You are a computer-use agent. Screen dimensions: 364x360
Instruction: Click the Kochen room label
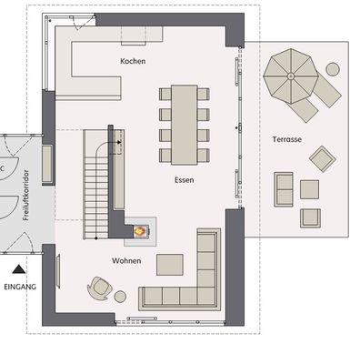(133, 61)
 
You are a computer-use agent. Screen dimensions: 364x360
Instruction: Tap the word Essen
(185, 180)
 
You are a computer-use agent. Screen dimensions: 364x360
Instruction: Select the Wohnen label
(126, 261)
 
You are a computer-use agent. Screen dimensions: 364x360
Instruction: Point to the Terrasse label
(286, 139)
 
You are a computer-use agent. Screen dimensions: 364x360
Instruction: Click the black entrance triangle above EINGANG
(18, 269)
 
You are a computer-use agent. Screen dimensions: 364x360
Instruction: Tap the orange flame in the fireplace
(139, 232)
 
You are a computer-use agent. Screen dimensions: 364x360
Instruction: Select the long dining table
(185, 123)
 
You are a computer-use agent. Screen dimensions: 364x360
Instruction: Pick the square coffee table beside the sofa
(170, 264)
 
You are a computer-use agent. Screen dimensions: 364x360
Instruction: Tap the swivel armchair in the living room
(99, 288)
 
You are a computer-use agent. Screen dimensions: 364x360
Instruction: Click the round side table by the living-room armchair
(120, 296)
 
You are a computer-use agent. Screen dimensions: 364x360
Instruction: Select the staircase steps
(94, 182)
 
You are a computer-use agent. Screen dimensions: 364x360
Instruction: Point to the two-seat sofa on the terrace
(285, 188)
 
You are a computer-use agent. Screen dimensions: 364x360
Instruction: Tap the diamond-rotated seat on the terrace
(322, 159)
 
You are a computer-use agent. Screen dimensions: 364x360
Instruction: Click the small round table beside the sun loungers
(333, 68)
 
